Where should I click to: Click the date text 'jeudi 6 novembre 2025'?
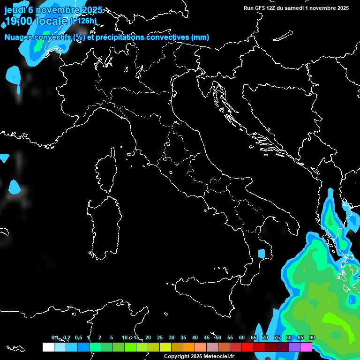point(53,10)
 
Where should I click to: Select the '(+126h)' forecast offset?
point(83,21)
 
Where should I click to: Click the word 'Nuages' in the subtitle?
point(19,37)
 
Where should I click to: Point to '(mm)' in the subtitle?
point(200,37)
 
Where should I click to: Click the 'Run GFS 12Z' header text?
point(262,8)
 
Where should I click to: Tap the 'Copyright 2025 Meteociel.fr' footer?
point(199,356)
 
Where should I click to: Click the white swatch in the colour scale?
point(48,347)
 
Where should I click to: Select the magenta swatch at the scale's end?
point(306,347)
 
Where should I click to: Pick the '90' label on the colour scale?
point(312,337)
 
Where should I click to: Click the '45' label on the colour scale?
point(207,337)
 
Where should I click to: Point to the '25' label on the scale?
point(160,337)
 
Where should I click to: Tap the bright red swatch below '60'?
point(247,347)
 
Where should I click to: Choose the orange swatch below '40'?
point(189,347)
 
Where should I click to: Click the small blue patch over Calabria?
point(262,254)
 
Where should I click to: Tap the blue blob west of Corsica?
point(15,187)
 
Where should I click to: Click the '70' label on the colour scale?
point(265,337)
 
